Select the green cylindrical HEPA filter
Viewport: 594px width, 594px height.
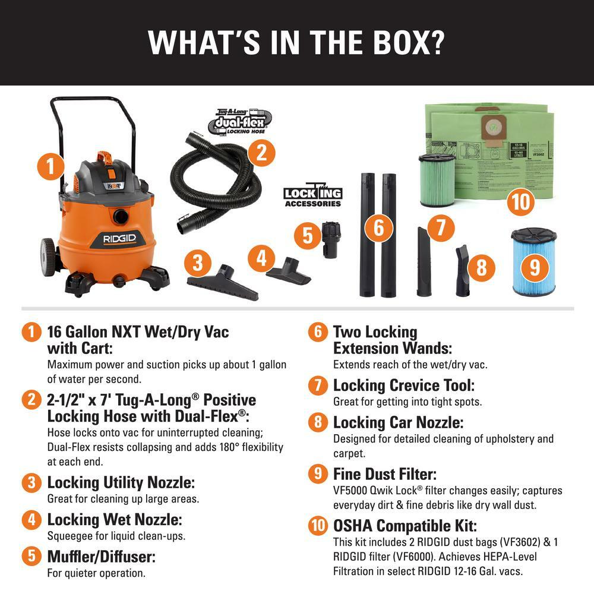(x=437, y=180)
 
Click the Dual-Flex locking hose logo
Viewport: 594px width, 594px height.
(x=238, y=122)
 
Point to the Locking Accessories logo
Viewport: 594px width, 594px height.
(x=312, y=195)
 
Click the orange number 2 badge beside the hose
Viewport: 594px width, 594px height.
(x=257, y=153)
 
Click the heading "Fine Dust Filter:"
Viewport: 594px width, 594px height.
(x=385, y=474)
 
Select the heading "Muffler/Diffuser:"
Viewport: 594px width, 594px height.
(x=101, y=557)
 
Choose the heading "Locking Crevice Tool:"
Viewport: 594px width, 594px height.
(x=404, y=386)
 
